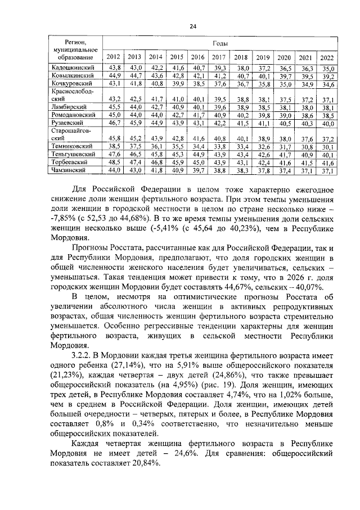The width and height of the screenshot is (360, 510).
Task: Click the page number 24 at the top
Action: click(x=192, y=26)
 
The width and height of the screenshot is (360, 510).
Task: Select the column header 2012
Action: click(x=113, y=57)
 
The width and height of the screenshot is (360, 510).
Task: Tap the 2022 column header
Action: click(x=326, y=58)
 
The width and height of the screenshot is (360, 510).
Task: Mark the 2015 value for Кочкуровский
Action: click(x=177, y=84)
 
